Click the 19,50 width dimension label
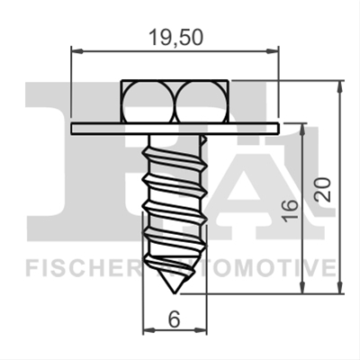pyautogui.click(x=176, y=38)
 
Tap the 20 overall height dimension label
pyautogui.click(x=323, y=190)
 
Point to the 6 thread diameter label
pyautogui.click(x=174, y=319)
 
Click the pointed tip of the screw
pyautogui.click(x=175, y=292)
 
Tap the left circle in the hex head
pyautogui.click(x=148, y=102)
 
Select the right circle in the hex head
pyautogui.click(x=201, y=102)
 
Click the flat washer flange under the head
pyautogui.click(x=175, y=129)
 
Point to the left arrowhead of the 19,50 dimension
pyautogui.click(x=76, y=51)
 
